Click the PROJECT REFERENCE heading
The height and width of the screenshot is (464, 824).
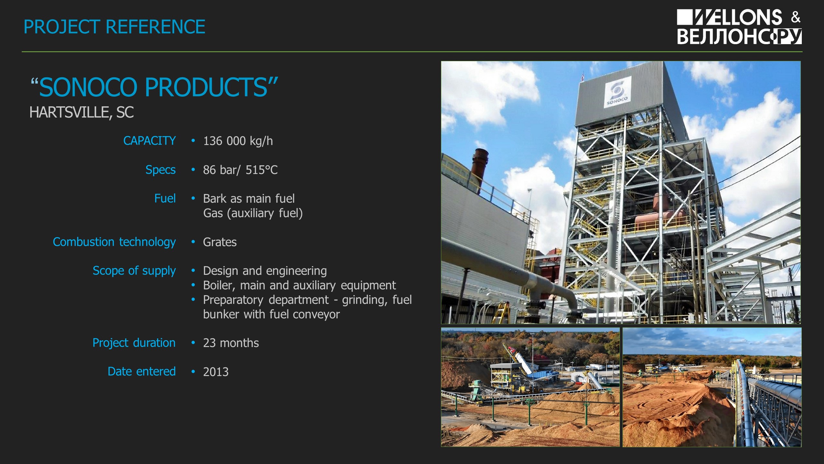(x=114, y=27)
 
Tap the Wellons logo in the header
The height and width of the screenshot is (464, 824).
(x=739, y=27)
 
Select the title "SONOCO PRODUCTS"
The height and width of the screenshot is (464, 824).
(x=154, y=87)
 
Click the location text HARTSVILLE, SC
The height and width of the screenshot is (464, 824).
(x=81, y=112)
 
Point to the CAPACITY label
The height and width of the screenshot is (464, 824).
(x=149, y=141)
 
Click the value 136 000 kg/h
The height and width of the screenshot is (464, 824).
(x=238, y=141)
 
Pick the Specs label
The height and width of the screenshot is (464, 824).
(x=160, y=170)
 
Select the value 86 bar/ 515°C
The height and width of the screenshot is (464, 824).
(x=240, y=170)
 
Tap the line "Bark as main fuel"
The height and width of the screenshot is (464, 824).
(x=249, y=198)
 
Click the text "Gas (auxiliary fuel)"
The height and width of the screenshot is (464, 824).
(x=253, y=213)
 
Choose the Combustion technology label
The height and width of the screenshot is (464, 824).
(x=114, y=242)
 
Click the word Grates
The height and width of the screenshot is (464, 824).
(x=220, y=242)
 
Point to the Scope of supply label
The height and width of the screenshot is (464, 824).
(x=134, y=271)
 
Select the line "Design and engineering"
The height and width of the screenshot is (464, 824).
(x=265, y=271)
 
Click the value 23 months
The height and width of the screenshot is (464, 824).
(x=231, y=343)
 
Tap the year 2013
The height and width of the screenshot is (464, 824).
(x=216, y=372)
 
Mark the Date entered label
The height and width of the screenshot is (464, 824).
(x=142, y=372)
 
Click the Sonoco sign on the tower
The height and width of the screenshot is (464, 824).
(x=617, y=92)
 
